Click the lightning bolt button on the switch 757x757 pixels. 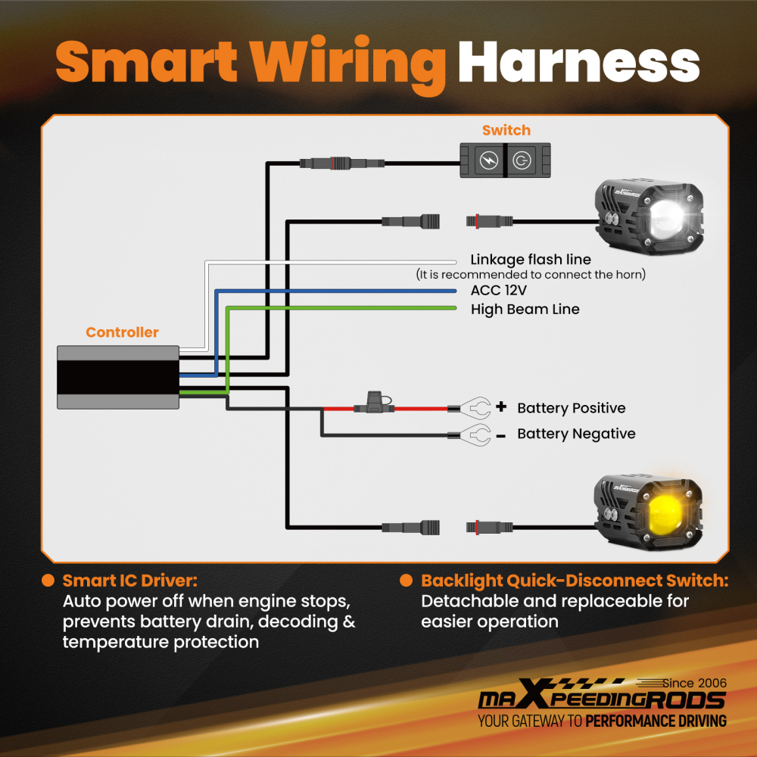tap(488, 160)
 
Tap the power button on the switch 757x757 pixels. tap(522, 160)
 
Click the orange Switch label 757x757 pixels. tap(506, 130)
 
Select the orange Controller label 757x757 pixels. tap(122, 332)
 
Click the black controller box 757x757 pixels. tap(118, 377)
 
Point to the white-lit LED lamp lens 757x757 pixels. tap(667, 218)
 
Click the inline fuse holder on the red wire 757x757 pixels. tap(374, 403)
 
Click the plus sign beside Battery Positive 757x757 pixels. tap(501, 407)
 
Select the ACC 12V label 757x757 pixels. tap(499, 290)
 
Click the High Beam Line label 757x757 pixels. tap(525, 310)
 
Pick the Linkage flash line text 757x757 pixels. tap(531, 260)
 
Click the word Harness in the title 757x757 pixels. tap(579, 62)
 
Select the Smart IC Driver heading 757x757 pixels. tap(130, 581)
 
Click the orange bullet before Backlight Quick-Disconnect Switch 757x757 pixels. tap(406, 581)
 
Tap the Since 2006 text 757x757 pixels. tap(694, 683)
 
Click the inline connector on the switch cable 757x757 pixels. tap(342, 164)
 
